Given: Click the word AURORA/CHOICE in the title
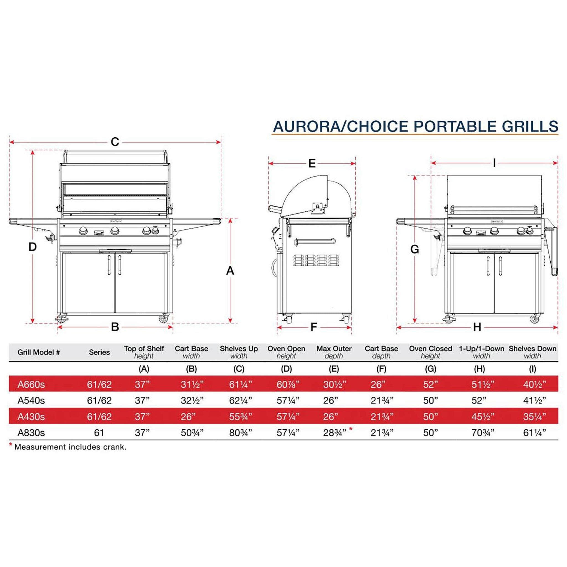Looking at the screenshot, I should tap(341, 126).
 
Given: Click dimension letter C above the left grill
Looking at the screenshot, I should tap(115, 142).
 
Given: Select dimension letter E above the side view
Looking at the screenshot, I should tap(312, 163).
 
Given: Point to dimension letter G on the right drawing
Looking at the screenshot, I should tap(414, 249).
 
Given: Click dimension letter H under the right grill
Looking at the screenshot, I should tap(477, 327).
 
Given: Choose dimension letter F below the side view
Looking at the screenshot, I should tap(314, 327).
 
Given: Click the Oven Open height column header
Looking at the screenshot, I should tap(286, 352).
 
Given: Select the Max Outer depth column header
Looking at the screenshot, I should tap(334, 352).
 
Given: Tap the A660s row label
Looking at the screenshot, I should tap(31, 385).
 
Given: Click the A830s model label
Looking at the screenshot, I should tap(31, 433).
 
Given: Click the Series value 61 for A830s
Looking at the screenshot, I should tap(99, 433).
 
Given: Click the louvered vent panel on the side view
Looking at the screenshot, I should tap(317, 260).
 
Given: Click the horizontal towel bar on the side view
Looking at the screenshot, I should tap(315, 241).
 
